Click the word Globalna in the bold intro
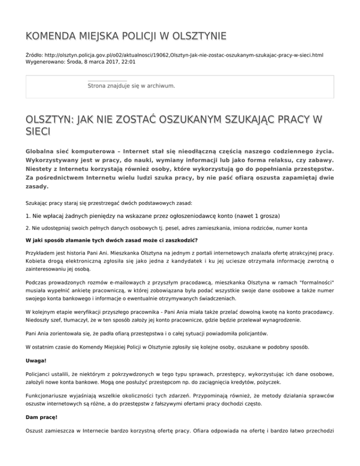pyautogui.click(x=44, y=152)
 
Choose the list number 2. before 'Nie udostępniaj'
pyautogui.click(x=28, y=228)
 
